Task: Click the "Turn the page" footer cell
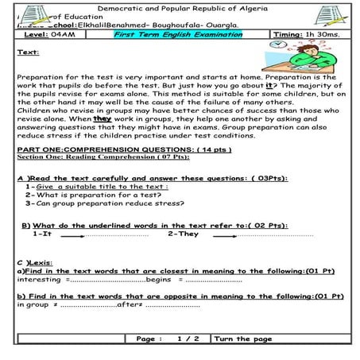243,339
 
